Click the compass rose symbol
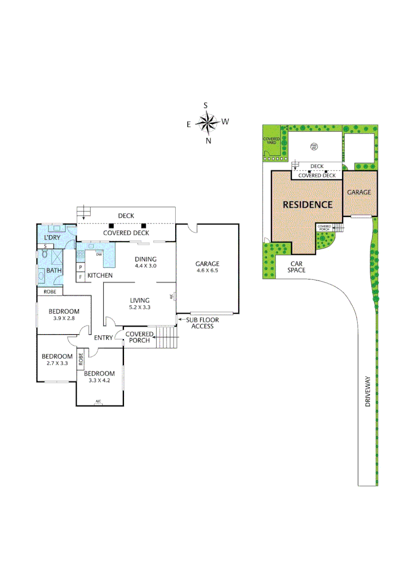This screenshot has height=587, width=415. point(207,123)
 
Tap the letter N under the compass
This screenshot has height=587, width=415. point(208,141)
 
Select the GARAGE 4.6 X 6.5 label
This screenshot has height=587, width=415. point(207,267)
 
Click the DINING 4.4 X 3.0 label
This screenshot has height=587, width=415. point(145,263)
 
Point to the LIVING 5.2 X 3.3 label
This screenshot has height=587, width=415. point(139,303)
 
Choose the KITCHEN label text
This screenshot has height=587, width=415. point(100,276)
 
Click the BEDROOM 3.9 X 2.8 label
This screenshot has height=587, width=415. point(64,315)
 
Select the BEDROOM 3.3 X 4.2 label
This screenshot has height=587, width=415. point(100,377)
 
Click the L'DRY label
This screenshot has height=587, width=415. point(52,238)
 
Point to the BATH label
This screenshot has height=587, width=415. point(54,270)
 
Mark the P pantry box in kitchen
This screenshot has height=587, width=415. point(80,267)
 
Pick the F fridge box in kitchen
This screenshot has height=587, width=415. point(80,277)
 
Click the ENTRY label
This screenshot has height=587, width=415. point(103,338)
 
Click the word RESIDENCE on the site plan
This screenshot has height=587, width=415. point(307,205)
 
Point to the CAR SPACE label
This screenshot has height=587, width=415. point(296,267)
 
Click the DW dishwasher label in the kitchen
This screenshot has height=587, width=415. point(98,254)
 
